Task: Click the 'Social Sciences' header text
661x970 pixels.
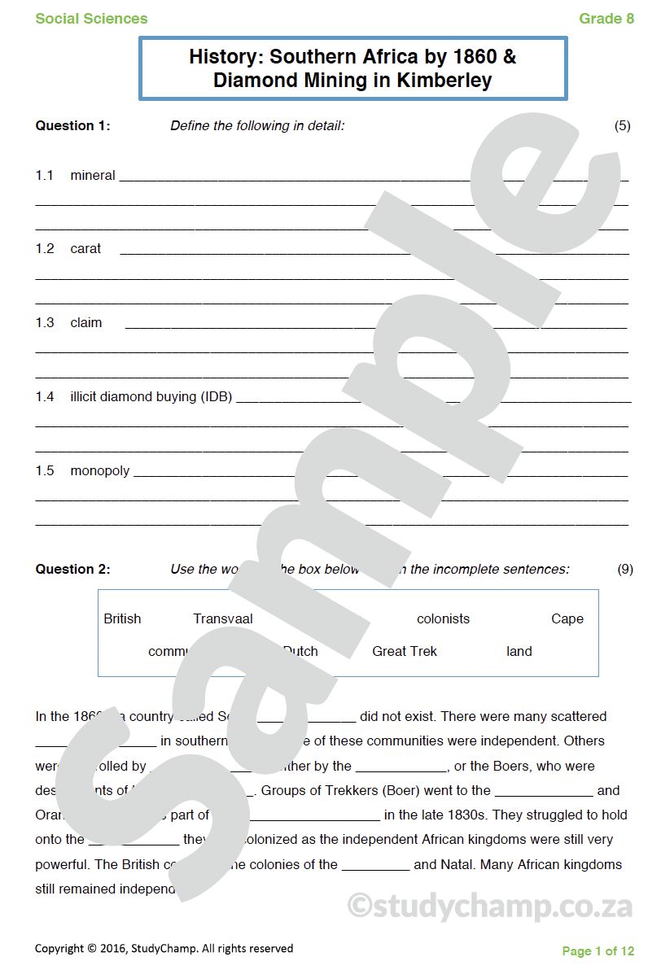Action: tap(91, 18)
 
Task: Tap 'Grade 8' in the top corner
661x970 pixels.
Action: tap(606, 18)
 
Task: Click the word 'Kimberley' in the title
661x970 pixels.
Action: tap(444, 80)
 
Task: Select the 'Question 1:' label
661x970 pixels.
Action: tap(72, 125)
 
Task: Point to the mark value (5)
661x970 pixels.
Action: tap(622, 125)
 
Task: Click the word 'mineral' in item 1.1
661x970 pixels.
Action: tap(93, 175)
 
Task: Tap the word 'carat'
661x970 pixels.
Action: tap(85, 248)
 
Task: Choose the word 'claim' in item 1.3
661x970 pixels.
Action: tap(86, 322)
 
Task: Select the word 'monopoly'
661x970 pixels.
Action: tap(100, 470)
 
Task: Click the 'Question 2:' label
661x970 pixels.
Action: tap(72, 569)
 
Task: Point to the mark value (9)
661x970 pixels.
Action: tap(625, 569)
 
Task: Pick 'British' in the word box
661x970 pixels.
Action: tap(122, 618)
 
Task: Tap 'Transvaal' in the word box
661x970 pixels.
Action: tap(223, 618)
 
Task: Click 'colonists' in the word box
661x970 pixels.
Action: tap(443, 618)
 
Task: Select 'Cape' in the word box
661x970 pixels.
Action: tap(567, 618)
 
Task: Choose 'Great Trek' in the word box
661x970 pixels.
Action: tap(405, 651)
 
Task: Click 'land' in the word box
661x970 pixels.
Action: tap(519, 651)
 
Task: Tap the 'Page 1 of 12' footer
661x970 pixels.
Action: tap(598, 950)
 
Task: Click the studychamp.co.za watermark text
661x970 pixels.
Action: tap(490, 905)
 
